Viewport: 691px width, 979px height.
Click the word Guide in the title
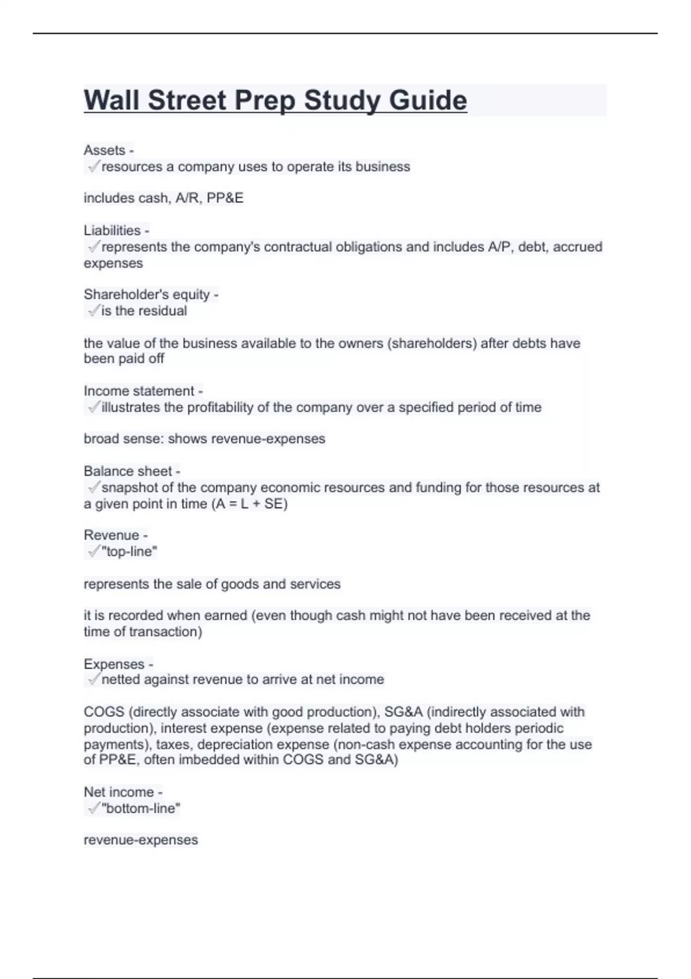[428, 101]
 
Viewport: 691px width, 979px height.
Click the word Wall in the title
[111, 101]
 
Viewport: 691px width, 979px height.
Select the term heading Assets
[104, 150]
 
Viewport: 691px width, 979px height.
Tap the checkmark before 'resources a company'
[93, 166]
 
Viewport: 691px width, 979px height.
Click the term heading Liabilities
[112, 230]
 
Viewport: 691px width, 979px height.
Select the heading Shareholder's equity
[147, 294]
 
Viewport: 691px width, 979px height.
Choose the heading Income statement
[139, 391]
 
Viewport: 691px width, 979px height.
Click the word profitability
[221, 408]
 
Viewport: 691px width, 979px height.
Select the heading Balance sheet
[128, 471]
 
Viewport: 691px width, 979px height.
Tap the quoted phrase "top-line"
[129, 552]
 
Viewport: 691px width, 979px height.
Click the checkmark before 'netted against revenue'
[93, 680]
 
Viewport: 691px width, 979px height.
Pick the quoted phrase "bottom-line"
[141, 809]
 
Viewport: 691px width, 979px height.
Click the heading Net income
[119, 792]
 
